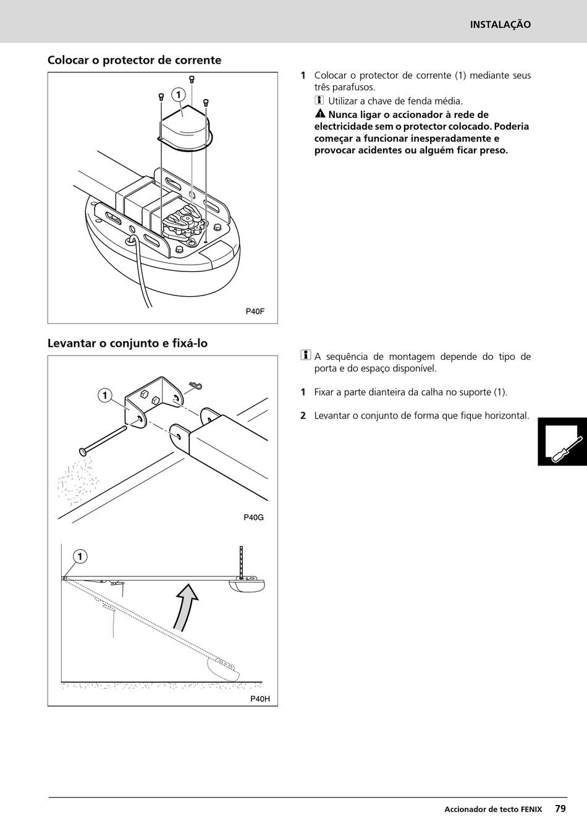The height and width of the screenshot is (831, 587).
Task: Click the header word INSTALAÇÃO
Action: point(500,25)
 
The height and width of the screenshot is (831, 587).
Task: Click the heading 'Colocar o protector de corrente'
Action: point(134,60)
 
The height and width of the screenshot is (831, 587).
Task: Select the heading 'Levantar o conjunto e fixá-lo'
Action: point(127,343)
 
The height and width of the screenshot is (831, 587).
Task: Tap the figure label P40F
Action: point(255,312)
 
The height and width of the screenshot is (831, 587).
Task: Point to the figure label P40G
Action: point(253,518)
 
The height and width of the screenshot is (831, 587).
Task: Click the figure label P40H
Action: point(260,699)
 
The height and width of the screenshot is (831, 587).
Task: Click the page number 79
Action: point(560,808)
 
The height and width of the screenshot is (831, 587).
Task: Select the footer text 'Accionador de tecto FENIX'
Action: point(492,809)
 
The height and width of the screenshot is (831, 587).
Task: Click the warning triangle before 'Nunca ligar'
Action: point(319,114)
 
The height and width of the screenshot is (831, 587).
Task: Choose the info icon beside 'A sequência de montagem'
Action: point(305,356)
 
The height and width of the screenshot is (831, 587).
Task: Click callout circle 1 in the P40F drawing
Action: point(178,95)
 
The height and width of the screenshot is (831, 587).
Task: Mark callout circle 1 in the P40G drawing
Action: point(105,396)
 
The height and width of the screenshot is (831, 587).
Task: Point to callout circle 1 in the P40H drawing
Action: point(80,556)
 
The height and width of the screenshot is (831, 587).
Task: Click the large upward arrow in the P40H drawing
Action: point(186,606)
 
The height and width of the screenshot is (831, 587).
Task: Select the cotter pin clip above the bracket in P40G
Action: point(196,386)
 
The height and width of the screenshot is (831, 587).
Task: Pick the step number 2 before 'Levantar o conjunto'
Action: point(303,415)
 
